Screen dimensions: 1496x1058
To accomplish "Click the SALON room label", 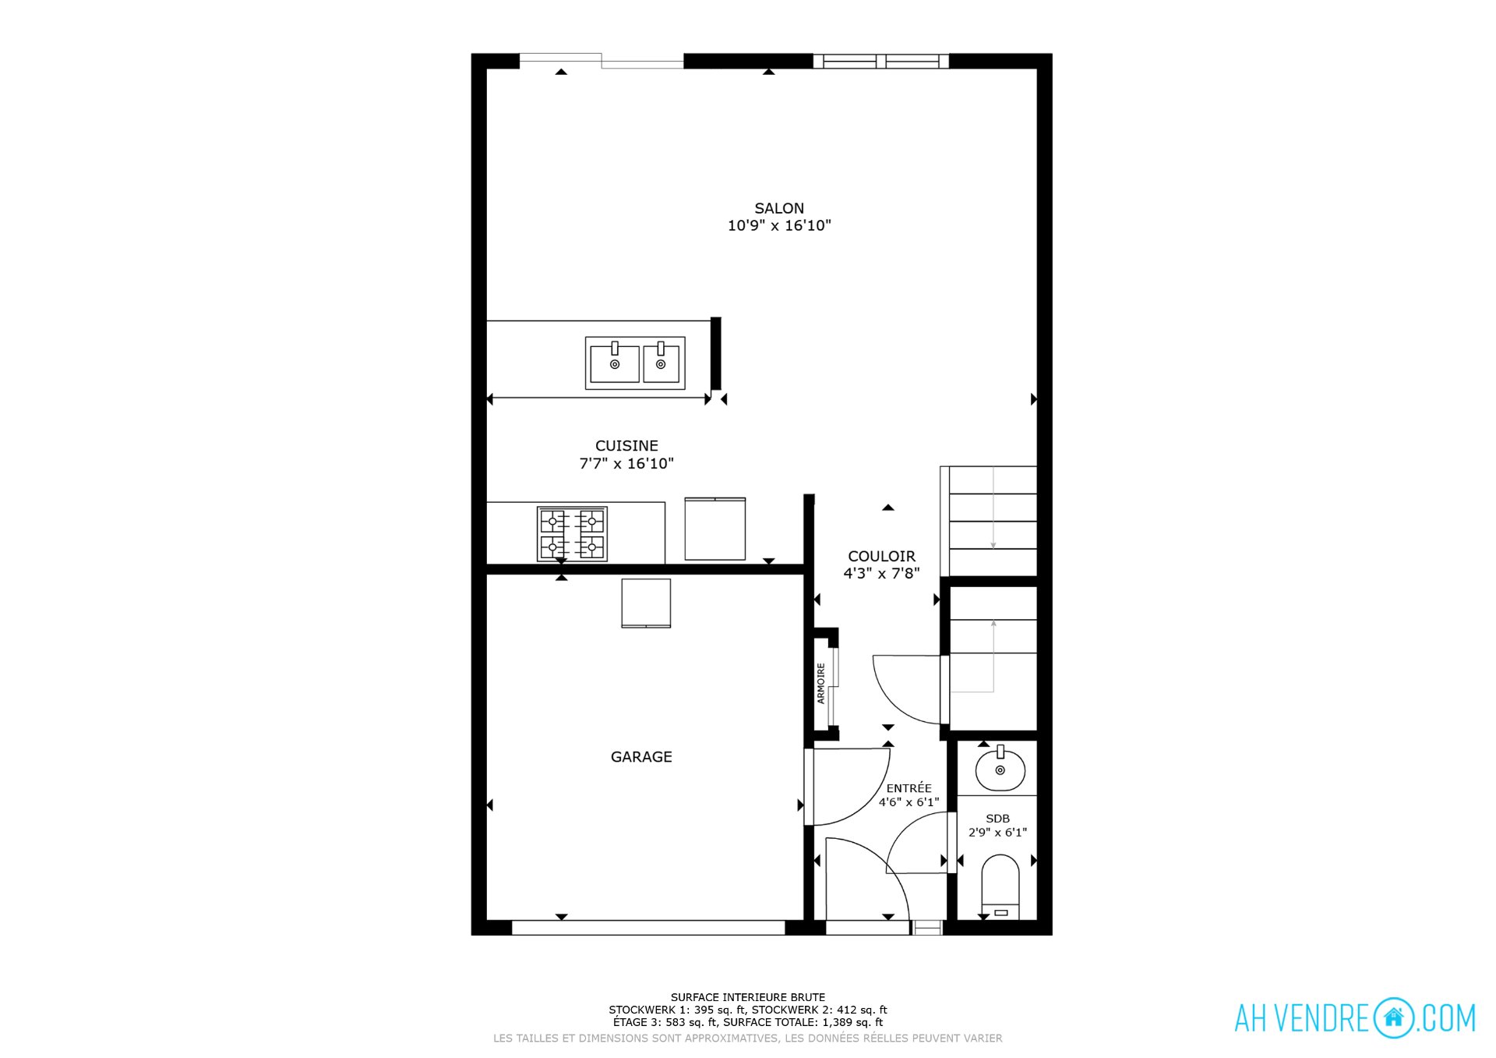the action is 779,208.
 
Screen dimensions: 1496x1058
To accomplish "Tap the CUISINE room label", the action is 626,446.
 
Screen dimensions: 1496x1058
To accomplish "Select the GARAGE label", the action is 641,756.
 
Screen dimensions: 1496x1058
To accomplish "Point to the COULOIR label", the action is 881,556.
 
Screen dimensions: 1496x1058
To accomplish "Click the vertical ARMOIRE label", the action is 820,684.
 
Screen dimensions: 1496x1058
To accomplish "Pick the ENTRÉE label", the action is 909,788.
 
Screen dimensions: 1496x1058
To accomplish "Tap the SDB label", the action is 997,819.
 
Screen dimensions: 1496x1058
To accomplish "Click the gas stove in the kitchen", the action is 572,534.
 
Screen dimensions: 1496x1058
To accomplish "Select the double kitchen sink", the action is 635,363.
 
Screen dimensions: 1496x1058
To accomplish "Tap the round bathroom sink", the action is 1000,768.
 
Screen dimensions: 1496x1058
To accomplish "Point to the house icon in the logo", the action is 1393,1017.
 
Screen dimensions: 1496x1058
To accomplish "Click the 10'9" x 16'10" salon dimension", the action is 779,226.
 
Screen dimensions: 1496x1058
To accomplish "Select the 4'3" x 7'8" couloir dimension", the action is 881,574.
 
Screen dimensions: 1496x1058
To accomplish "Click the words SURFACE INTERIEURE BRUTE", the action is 748,997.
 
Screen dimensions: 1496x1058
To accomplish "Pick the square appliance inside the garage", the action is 646,603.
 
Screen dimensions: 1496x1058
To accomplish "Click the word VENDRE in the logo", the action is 1323,1018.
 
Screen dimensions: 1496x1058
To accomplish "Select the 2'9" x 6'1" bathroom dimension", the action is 997,833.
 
